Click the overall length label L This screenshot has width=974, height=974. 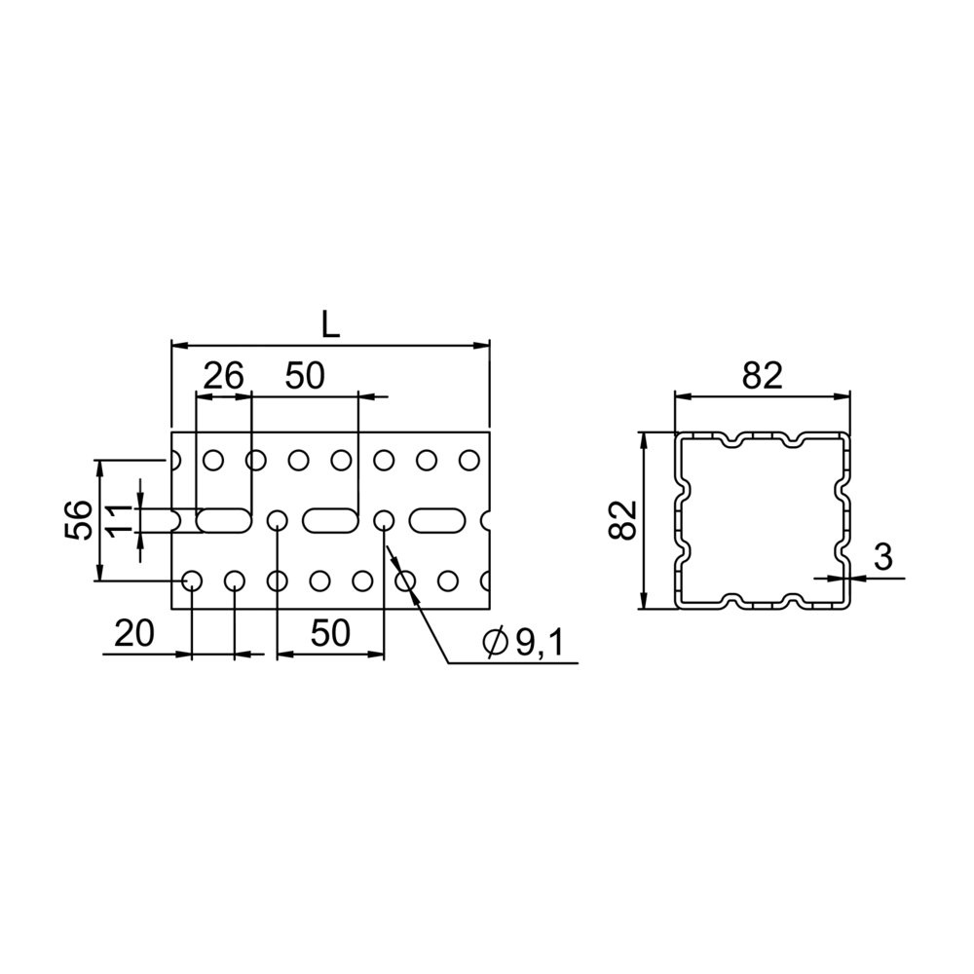pos(331,325)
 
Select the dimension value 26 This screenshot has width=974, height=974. pos(224,376)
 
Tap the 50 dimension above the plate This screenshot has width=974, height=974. pos(305,376)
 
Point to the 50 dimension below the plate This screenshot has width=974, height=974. pos(330,634)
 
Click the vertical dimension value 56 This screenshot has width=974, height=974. pos(80,519)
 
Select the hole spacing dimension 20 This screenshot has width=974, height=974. pos(134,634)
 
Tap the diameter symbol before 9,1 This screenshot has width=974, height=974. pos(495,644)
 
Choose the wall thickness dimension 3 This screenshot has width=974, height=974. pos(883,557)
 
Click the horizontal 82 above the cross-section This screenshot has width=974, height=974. pos(763,376)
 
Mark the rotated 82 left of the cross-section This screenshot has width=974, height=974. pos(623,520)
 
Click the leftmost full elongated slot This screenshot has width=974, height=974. pos(224,520)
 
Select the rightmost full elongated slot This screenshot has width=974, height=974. pos(437,520)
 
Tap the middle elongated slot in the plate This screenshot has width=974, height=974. pos(331,520)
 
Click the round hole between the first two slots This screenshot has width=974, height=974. pos(277,520)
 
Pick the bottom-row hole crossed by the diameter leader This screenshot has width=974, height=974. pos(405,581)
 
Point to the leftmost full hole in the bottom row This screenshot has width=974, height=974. pos(192,581)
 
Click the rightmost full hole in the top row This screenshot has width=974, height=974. pos(469,461)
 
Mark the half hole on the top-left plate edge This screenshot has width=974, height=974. pos(175,461)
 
